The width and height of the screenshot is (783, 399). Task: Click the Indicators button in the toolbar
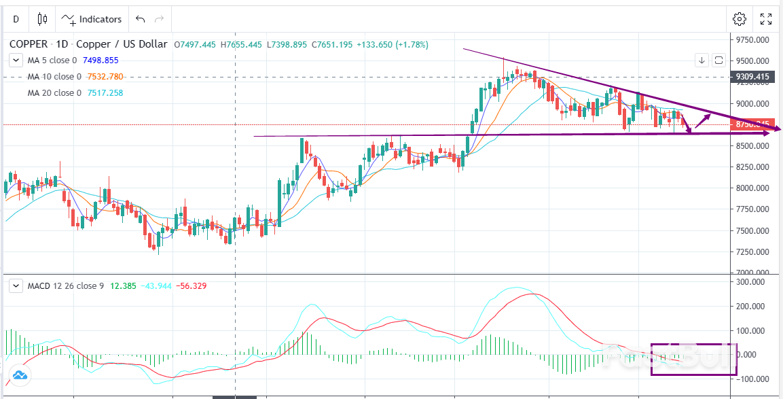coord(92,19)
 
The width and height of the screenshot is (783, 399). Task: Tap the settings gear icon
coord(740,19)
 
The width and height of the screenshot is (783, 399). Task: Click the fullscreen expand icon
coord(765,19)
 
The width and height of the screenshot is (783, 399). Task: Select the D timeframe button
coord(16,19)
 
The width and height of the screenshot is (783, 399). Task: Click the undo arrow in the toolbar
coord(140,19)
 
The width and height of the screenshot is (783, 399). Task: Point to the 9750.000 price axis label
coord(752,40)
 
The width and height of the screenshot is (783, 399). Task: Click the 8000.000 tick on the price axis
coord(752,188)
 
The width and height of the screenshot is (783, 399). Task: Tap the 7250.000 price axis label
coord(752,252)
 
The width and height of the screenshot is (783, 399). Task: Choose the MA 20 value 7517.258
coord(105,92)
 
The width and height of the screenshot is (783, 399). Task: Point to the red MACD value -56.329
coord(191,286)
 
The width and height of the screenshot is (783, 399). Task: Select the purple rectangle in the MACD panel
coord(693,360)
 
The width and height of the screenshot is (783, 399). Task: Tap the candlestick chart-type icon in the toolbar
coord(43,19)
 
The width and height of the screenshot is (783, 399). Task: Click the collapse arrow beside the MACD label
coord(16,286)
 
